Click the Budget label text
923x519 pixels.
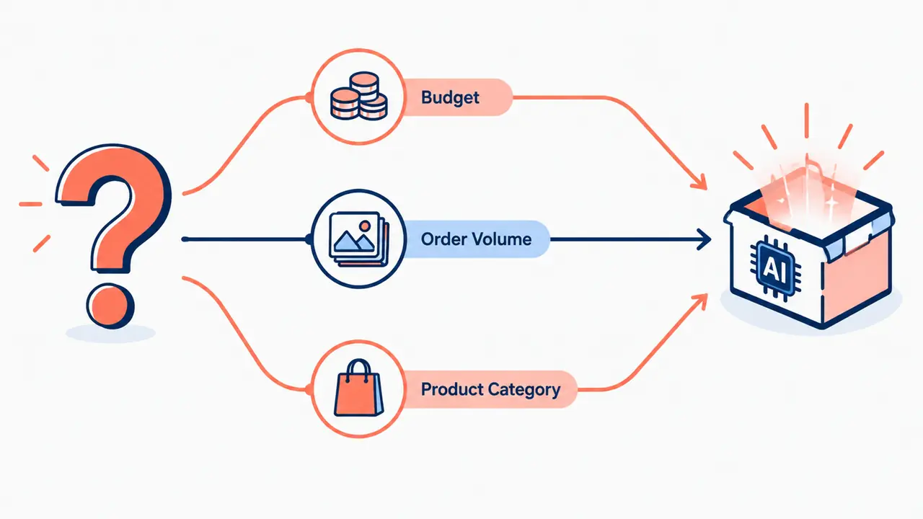point(450,98)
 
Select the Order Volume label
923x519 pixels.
point(476,239)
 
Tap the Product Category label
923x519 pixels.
point(490,390)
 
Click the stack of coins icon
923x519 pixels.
point(359,96)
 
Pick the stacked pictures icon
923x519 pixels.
point(359,239)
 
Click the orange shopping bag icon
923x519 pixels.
point(358,388)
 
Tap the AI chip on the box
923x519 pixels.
point(775,268)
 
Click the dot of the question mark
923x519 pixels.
point(110,306)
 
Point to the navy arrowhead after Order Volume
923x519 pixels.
point(703,239)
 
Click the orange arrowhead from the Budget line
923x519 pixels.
point(699,182)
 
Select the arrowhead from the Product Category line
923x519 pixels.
point(699,301)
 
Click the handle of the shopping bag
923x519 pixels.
point(358,368)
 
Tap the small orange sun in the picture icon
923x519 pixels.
point(364,226)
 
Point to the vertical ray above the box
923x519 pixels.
point(806,120)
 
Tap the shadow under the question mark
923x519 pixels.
point(110,333)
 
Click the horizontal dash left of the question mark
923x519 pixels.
point(30,204)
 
